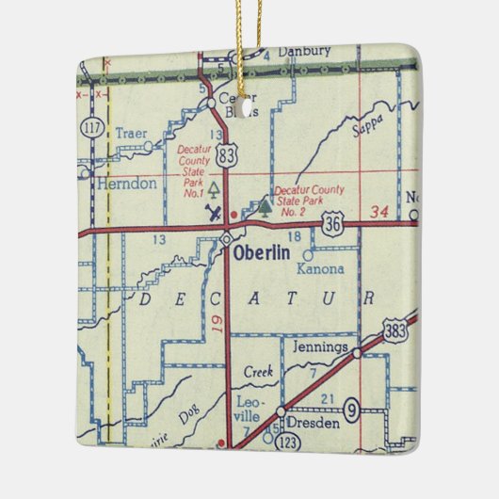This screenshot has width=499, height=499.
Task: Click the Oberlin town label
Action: [266, 255]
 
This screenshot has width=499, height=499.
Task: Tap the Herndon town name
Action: [127, 185]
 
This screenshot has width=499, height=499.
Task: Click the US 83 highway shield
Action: [226, 156]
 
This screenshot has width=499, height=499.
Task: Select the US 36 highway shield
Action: [355, 224]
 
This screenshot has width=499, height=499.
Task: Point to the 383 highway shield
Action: [396, 330]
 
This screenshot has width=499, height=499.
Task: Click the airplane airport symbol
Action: [215, 212]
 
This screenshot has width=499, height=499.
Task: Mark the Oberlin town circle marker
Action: [226, 240]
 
